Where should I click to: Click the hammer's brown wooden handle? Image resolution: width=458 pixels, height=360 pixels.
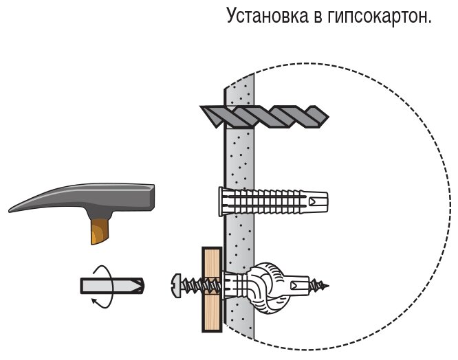point(99,229)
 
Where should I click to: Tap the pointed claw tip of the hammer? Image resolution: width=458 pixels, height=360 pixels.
point(12,208)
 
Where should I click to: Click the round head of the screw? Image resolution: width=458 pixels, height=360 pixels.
point(175,283)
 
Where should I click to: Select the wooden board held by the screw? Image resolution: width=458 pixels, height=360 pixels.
point(212,289)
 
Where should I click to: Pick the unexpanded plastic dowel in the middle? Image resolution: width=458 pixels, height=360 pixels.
point(275,201)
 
